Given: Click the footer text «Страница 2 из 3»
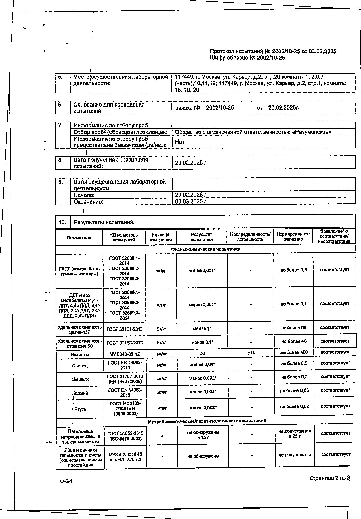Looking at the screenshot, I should (x=330, y=478).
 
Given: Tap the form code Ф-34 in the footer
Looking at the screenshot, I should (x=66, y=481).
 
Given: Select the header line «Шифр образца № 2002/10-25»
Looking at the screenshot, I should (x=247, y=58).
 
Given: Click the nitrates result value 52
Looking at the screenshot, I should (x=202, y=353).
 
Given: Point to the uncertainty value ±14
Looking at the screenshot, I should (x=251, y=353).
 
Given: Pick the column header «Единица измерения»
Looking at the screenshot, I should (x=161, y=237).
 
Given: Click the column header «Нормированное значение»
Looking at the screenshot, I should (x=293, y=237).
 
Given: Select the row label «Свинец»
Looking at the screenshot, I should (x=80, y=366).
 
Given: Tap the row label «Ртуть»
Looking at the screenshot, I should (x=80, y=409).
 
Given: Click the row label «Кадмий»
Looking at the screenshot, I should (x=80, y=393).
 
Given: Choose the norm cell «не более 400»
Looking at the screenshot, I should (x=294, y=352).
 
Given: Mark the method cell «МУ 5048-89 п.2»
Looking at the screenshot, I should (x=125, y=354).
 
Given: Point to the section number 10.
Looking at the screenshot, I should (x=62, y=222).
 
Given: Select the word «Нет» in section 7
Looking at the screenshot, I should (x=180, y=142).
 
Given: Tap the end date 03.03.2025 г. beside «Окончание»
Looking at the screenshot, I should (x=191, y=201).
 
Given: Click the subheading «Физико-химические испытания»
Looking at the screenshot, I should (x=205, y=249).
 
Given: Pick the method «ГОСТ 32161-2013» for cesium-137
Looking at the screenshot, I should (x=125, y=329).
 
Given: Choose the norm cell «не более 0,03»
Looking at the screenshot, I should (x=294, y=390).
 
